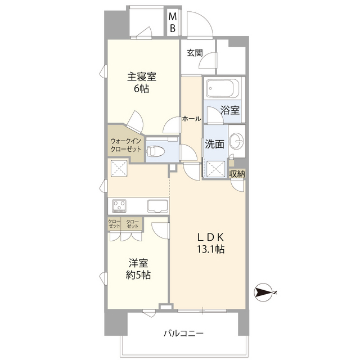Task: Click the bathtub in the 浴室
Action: [x=223, y=88]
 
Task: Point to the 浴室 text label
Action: [x=231, y=110]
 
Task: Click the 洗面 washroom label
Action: [x=214, y=144]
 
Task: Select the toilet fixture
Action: [x=156, y=151]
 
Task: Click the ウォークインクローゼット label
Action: [x=127, y=146]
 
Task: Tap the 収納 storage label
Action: [x=237, y=174]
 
